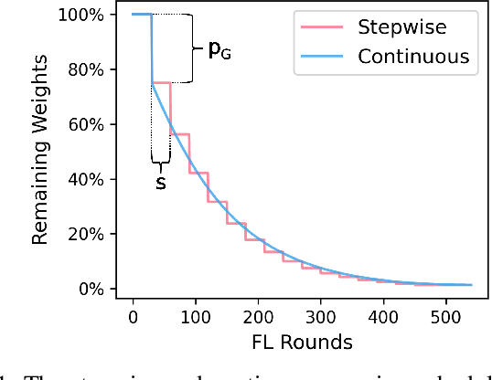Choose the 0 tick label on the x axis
(134, 316)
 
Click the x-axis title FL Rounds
(303, 343)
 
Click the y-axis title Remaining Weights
(41, 152)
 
